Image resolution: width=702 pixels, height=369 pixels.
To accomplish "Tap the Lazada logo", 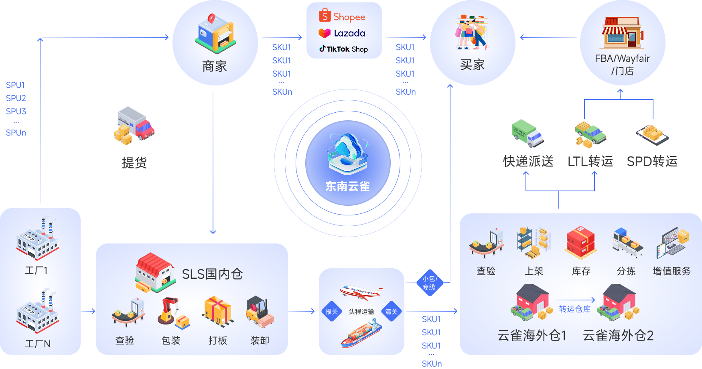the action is pos(342,33).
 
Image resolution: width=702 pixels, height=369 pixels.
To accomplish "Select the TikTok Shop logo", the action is pos(343,49).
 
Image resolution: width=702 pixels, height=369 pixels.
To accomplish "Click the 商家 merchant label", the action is pos(215,66).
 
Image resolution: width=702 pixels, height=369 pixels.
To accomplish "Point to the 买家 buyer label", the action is pos(473,65).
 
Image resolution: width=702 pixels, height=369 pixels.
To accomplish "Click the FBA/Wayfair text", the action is pos(623,59).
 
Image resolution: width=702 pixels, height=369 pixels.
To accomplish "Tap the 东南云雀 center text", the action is pos(348,187).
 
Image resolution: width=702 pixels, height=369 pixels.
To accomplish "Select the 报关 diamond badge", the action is pos(332,311).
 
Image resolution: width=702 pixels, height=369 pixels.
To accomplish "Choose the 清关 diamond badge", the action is pos(392,311).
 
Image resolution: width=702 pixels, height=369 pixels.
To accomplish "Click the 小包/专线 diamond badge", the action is pos(430,283).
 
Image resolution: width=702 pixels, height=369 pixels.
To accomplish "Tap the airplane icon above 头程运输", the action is pos(361,292).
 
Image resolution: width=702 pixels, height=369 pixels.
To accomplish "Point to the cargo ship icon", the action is pos(361,333).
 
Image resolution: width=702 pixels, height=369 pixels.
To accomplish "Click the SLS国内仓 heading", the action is pos(212,274).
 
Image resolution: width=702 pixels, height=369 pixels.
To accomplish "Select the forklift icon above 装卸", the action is pos(260,312).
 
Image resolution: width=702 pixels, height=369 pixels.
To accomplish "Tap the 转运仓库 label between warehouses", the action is pos(575,309).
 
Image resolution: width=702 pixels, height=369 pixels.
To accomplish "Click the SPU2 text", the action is pos(16,98).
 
